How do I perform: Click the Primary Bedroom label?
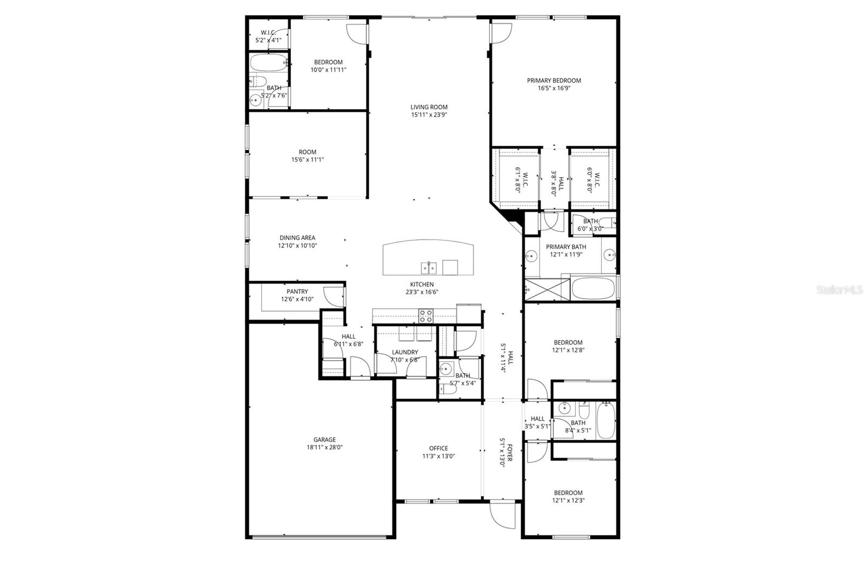click(554, 80)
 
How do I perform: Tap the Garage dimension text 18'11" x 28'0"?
click(324, 447)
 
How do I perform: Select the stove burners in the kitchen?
click(426, 315)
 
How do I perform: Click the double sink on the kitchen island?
click(429, 267)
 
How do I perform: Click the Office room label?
click(438, 448)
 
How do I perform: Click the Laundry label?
click(405, 352)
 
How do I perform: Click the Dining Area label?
click(297, 238)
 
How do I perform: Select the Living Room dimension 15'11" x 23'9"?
click(429, 115)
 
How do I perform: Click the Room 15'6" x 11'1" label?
click(308, 152)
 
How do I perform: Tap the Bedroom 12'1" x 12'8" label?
click(568, 342)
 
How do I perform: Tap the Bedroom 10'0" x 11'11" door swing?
click(357, 33)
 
